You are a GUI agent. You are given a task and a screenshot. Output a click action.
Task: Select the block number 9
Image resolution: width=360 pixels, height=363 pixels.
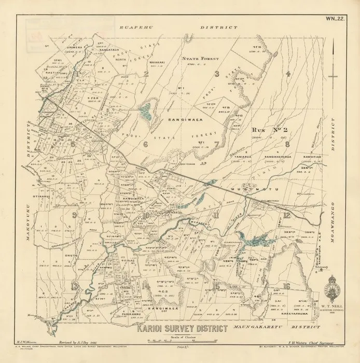(75, 215)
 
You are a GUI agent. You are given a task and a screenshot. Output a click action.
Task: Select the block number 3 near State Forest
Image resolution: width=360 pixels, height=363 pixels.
(218, 74)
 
